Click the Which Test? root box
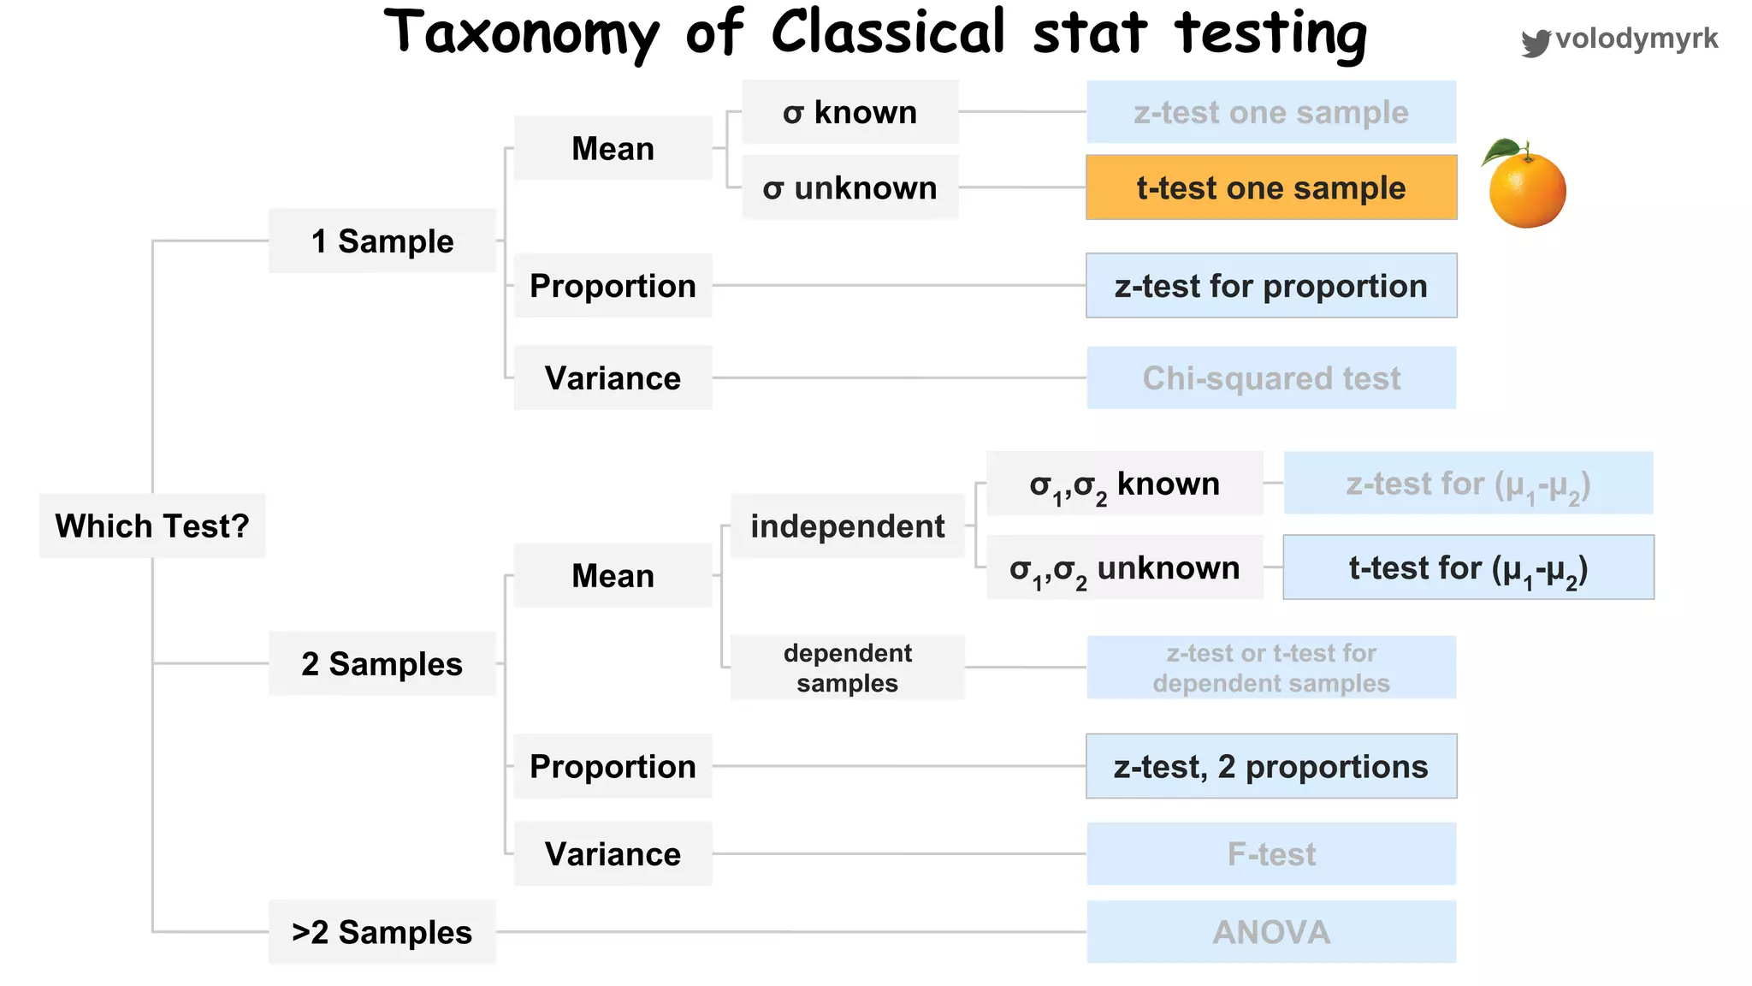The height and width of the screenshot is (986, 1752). click(152, 526)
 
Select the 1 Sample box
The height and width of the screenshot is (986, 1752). click(382, 241)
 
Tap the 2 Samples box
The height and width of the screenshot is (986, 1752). click(382, 664)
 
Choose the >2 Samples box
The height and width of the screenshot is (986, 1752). click(382, 932)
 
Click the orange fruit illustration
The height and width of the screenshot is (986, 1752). click(1528, 192)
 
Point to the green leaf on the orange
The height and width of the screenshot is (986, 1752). click(1500, 151)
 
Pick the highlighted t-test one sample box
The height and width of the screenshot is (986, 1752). click(1271, 187)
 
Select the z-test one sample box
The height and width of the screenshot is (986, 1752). click(1271, 112)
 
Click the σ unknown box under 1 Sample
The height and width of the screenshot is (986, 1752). click(849, 187)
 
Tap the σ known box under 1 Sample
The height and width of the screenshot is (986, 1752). click(849, 112)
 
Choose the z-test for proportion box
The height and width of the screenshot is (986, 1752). click(1271, 286)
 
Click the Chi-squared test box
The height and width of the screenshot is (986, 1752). click(1271, 378)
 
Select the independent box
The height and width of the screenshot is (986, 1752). click(848, 526)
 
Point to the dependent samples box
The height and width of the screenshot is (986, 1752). click(848, 668)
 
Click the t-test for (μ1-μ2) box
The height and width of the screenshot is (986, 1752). click(1468, 567)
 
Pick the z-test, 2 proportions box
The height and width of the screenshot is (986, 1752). click(1271, 766)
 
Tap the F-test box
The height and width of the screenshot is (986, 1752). click(1271, 854)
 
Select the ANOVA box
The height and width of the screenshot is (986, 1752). click(1271, 932)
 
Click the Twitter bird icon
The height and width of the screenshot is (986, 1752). click(1536, 42)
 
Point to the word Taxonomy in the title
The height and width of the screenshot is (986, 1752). click(522, 34)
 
